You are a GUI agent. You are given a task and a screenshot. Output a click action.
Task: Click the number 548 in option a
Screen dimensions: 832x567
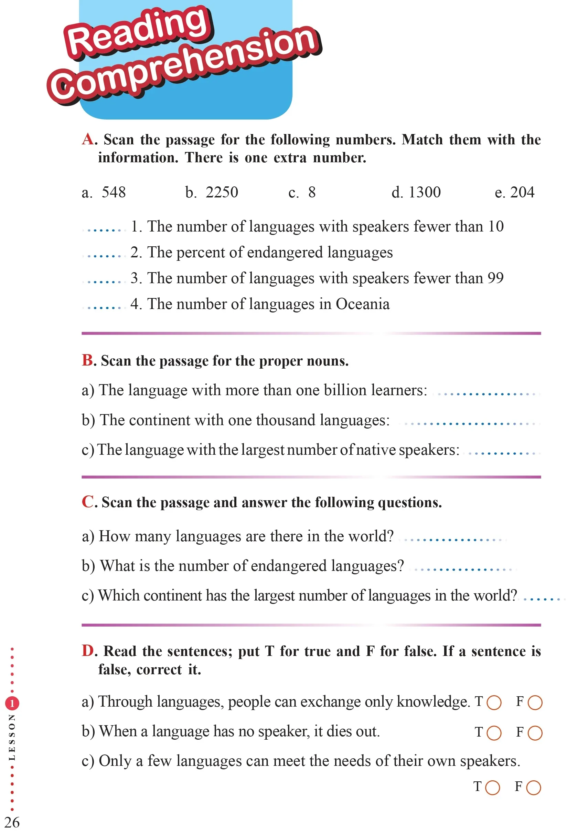coord(114,192)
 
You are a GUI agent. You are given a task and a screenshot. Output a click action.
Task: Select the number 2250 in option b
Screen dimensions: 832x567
coord(222,192)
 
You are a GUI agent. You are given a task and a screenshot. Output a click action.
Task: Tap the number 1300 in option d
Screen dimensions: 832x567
coord(424,192)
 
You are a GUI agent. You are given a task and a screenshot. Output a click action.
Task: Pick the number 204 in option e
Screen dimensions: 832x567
coord(522,192)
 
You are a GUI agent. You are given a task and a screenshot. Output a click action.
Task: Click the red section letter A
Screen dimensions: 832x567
coord(88,139)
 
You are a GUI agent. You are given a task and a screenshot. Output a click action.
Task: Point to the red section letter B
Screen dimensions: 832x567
coord(87,360)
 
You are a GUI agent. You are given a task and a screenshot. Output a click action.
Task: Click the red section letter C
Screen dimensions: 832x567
coord(88,502)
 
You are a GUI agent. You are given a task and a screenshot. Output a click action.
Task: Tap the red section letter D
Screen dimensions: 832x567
coord(88,650)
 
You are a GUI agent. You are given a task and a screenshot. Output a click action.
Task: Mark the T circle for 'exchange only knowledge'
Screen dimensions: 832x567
coord(494,702)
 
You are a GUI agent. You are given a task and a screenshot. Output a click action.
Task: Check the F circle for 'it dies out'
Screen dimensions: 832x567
coord(535,733)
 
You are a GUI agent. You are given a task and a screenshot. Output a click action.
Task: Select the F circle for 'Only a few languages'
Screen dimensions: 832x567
coord(533,788)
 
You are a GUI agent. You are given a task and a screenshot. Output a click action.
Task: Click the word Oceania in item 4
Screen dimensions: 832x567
coord(363,304)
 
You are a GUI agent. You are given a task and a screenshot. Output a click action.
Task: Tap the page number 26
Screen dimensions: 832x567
coord(12,822)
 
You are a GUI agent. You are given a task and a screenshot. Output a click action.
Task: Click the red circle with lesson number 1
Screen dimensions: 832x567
coord(12,703)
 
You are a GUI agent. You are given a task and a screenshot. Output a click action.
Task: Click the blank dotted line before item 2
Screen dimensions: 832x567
coord(104,256)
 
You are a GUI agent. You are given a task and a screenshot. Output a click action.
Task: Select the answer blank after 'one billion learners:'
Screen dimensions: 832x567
coord(486,394)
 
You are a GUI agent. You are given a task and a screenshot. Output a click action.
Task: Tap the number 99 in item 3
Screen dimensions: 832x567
coord(495,278)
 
